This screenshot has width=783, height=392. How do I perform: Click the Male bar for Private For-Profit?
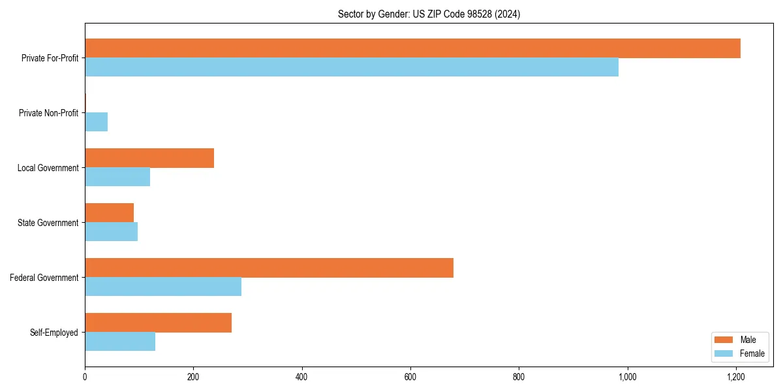tap(412, 48)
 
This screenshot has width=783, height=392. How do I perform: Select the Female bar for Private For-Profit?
tap(352, 67)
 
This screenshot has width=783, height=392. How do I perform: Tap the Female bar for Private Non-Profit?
tap(96, 122)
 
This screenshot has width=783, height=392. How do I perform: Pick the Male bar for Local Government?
tap(149, 158)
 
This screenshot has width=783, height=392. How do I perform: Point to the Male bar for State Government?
tap(109, 213)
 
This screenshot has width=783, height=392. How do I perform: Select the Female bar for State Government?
tap(111, 232)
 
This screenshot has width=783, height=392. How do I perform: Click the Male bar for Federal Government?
tap(269, 268)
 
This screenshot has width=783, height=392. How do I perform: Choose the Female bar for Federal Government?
tap(163, 287)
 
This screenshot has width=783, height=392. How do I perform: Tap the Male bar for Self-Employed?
tap(158, 323)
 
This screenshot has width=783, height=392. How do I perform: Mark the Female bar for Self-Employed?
tap(120, 342)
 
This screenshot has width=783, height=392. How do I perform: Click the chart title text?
tap(429, 14)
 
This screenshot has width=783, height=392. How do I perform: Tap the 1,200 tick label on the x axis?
tap(736, 377)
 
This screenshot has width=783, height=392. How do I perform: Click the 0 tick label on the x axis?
tap(85, 377)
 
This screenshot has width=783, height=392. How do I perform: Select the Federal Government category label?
tap(44, 278)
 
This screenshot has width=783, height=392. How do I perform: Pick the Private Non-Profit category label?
tap(48, 113)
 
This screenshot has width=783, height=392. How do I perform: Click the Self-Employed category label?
tap(54, 333)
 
